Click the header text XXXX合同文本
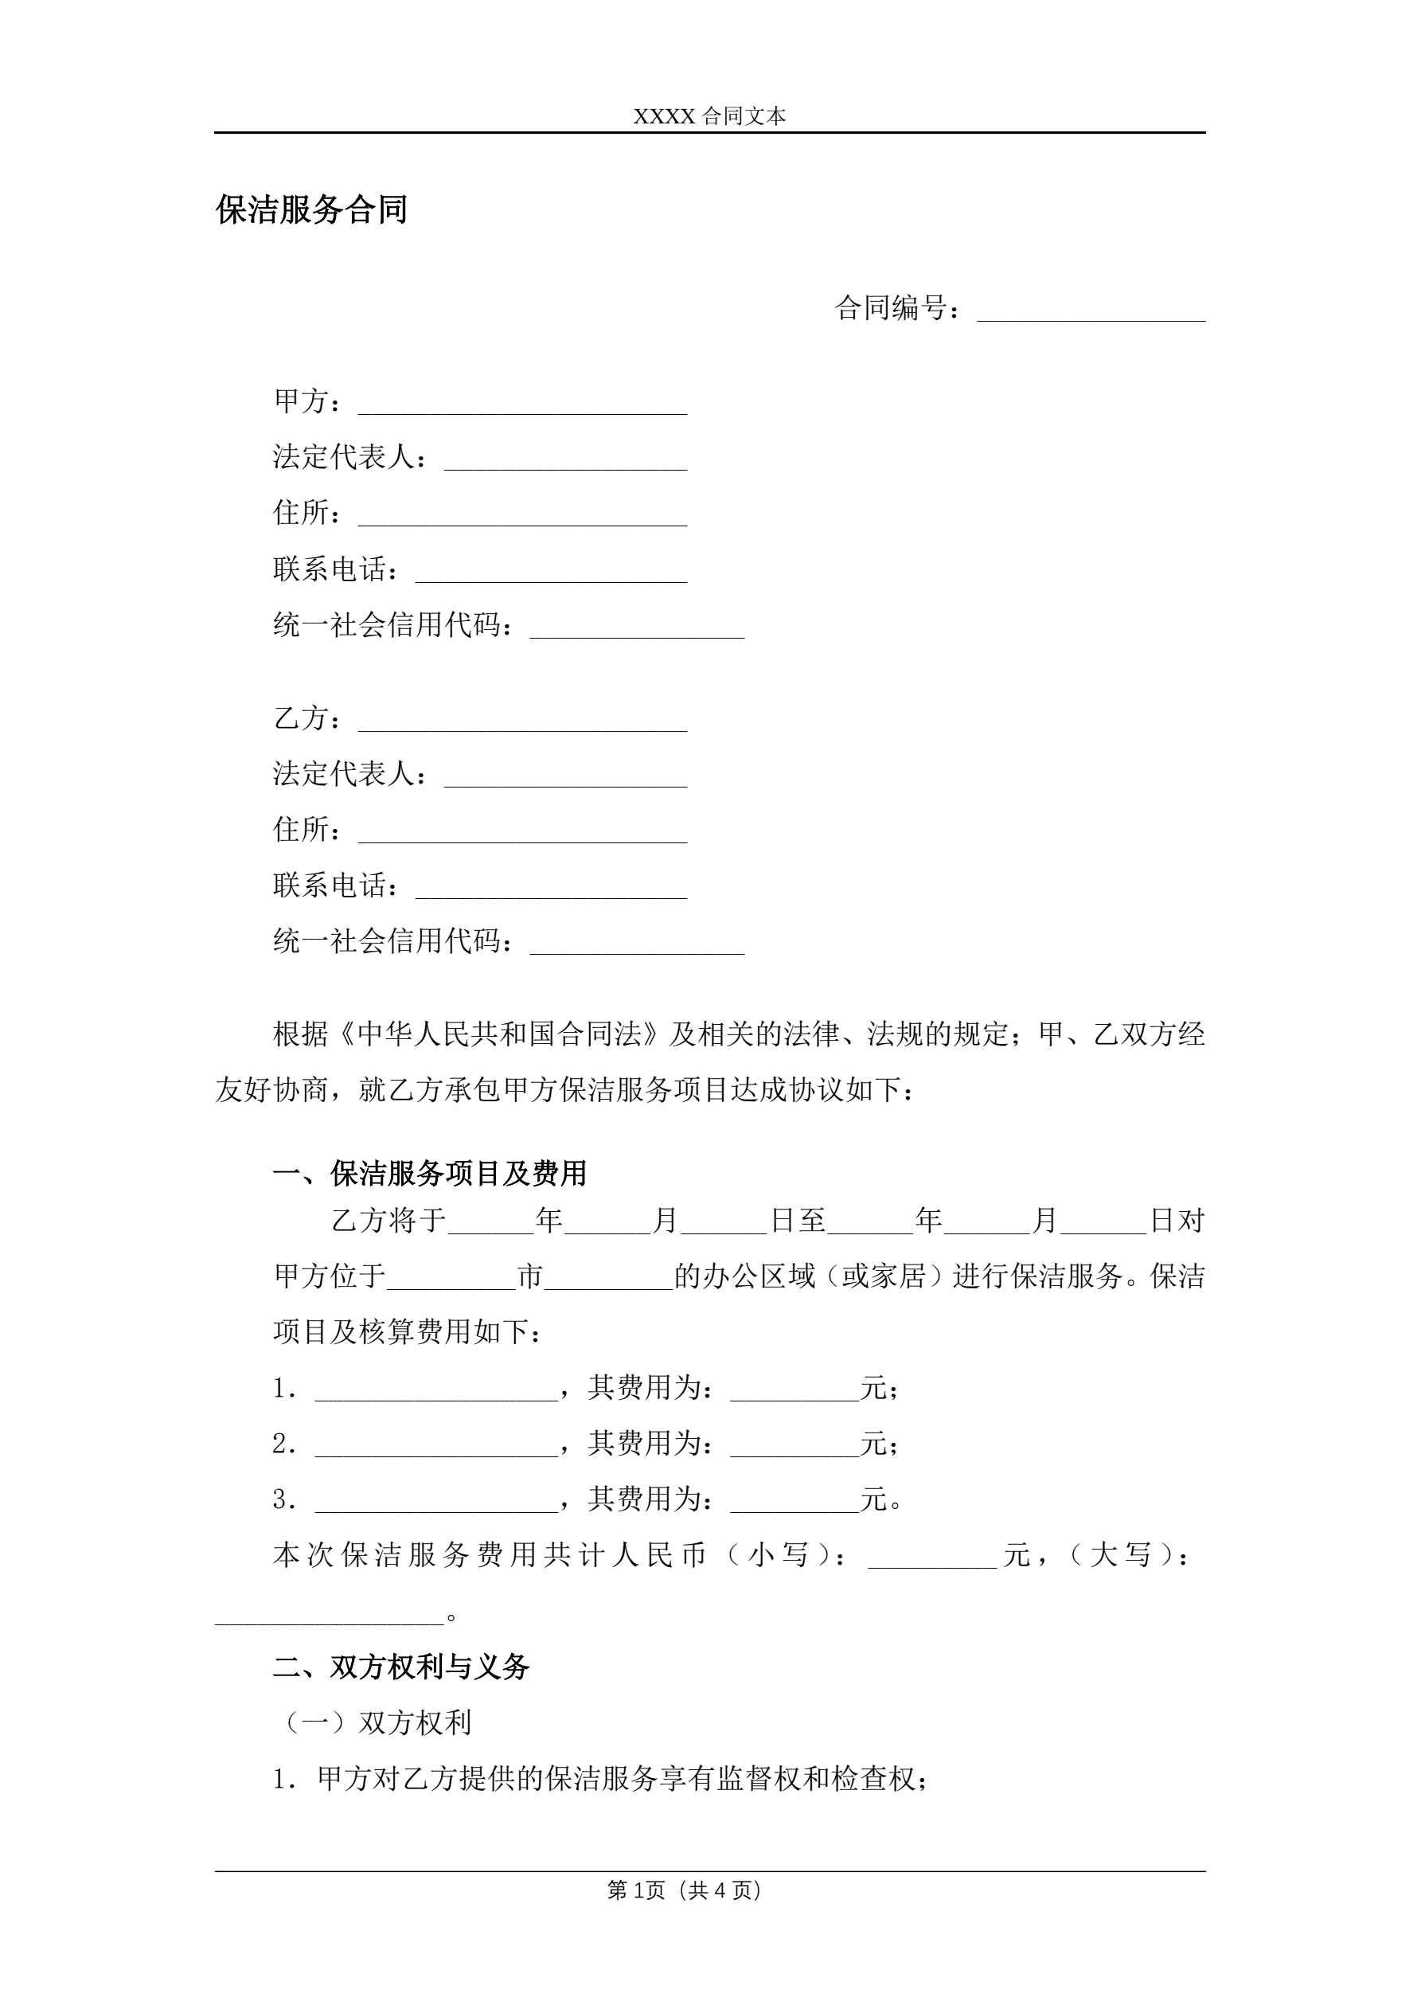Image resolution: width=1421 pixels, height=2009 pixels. click(x=709, y=116)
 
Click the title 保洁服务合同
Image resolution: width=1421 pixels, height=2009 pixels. click(x=311, y=210)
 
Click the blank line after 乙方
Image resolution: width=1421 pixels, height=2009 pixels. click(x=522, y=723)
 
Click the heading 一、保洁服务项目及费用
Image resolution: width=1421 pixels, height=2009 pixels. click(x=430, y=1174)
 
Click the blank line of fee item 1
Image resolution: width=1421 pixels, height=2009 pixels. click(x=436, y=1392)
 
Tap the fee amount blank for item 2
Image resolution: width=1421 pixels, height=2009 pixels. click(x=794, y=1448)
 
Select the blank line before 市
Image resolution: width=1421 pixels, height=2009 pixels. click(x=451, y=1280)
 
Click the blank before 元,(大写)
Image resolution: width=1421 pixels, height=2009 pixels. click(x=932, y=1559)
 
